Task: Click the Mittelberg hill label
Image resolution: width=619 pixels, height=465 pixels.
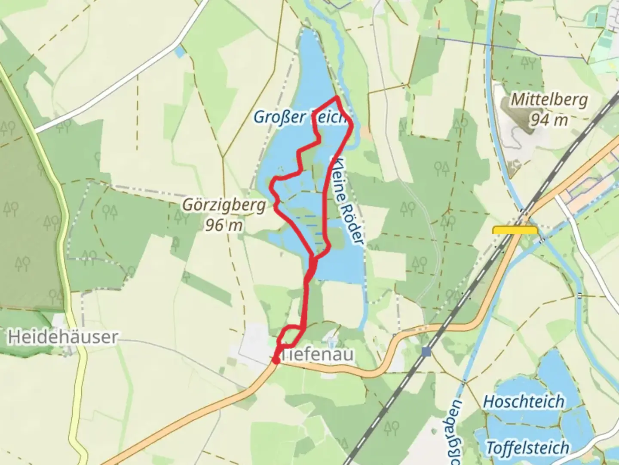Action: pos(549,100)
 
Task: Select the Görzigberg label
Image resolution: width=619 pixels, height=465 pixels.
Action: pos(224,205)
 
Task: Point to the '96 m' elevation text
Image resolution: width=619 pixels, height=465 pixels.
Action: pos(224,225)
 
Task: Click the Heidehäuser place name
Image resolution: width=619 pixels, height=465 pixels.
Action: pos(63,337)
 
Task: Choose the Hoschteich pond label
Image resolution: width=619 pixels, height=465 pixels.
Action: pos(524,402)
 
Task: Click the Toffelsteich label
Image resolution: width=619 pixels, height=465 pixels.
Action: pos(527,448)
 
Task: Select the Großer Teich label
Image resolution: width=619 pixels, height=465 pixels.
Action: pos(300,117)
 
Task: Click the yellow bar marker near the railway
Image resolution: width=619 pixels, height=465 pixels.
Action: pos(515,230)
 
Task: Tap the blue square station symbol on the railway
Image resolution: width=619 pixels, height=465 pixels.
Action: pos(426,352)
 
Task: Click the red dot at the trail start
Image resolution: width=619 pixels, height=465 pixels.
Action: pos(276,360)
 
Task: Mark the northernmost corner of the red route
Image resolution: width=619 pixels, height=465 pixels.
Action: pos(337,98)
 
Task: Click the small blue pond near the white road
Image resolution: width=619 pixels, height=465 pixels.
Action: pos(179,52)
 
